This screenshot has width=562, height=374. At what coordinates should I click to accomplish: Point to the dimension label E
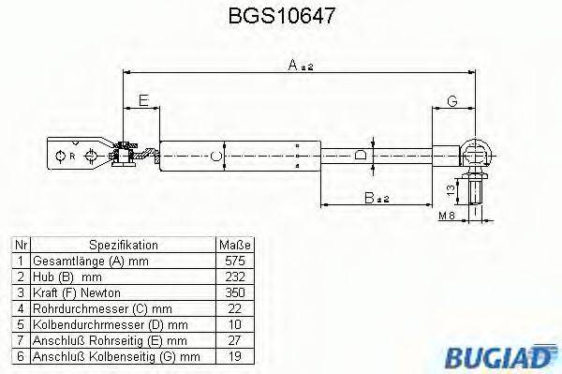click(141, 100)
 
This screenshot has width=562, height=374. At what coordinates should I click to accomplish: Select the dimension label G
click(451, 100)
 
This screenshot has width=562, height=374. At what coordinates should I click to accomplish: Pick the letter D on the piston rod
click(361, 156)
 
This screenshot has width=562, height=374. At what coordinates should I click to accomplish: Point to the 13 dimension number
click(450, 191)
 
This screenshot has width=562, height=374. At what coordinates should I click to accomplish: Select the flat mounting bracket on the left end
click(75, 156)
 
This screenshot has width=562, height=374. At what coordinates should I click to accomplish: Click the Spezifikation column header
click(123, 244)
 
